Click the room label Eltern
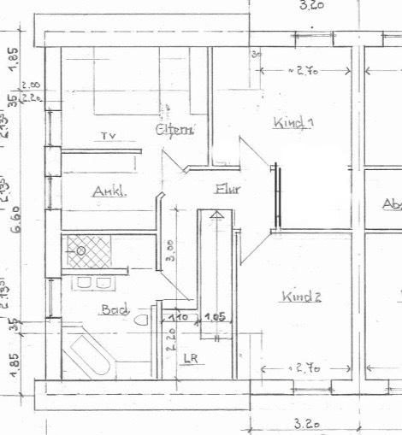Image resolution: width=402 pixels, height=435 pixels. pos(175,129)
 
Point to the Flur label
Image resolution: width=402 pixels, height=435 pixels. pos(228,190)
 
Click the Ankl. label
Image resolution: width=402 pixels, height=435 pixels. pos(109,192)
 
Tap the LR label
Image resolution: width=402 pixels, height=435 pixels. pos(190,359)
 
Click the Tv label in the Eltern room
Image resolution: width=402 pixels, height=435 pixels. pos(107,136)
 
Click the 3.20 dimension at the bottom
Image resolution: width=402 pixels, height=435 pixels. pos(304,422)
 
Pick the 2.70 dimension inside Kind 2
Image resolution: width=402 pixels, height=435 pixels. pos(304,369)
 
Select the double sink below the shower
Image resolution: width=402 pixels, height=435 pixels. pos(94,282)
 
